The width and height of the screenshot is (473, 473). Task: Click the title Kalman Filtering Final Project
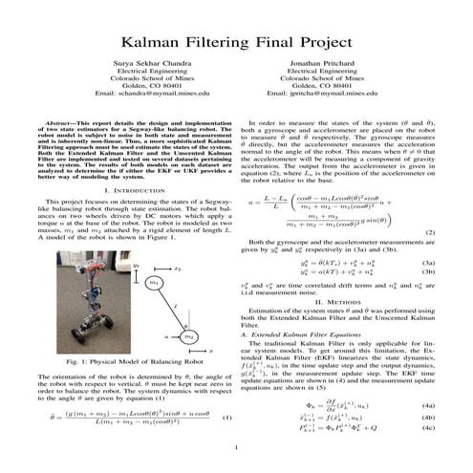pos(235,43)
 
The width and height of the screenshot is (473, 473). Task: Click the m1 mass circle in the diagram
pos(155,283)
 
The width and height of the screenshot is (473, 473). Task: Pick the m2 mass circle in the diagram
pos(188,336)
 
